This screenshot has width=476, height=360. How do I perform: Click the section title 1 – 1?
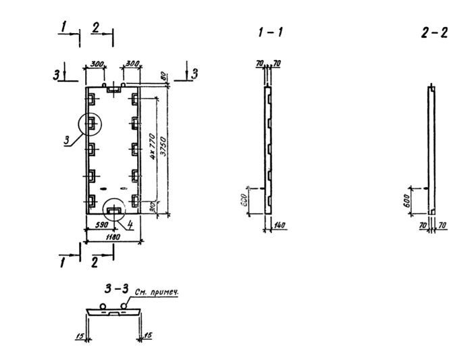click(x=270, y=32)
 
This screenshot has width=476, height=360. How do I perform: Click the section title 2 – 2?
click(x=434, y=32)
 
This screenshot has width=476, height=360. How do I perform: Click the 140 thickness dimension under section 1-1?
click(x=280, y=224)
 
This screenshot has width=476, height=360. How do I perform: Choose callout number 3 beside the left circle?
click(x=67, y=140)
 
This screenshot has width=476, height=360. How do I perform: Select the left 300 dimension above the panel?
click(x=95, y=63)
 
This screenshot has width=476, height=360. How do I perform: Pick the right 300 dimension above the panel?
click(x=132, y=63)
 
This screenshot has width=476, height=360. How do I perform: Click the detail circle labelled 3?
click(x=90, y=124)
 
